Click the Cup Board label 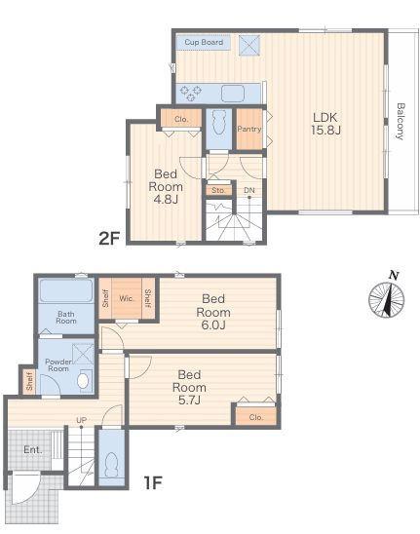coord(204,42)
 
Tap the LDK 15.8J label coord(325,124)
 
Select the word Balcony coord(401,121)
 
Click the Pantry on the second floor coord(249,129)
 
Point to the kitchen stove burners coord(191,94)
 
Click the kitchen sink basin coord(233,94)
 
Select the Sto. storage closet coord(218,190)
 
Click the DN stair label coord(249,190)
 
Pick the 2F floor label coord(109,239)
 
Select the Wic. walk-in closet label coord(127,299)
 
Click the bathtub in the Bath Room coord(66,290)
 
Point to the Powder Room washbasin coord(83,381)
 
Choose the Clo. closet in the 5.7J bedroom coord(256,417)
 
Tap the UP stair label coord(81,420)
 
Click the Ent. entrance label coord(33,449)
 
